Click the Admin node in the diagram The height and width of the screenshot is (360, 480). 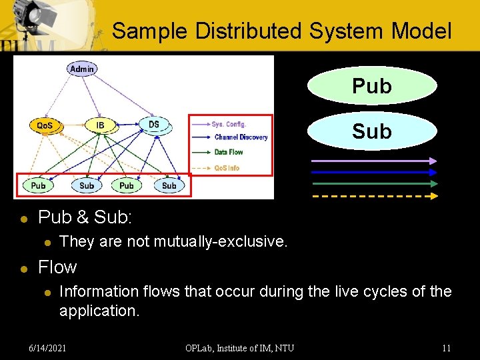tap(82, 69)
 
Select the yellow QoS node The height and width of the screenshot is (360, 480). tap(45, 125)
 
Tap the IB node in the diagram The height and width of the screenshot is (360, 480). tap(100, 125)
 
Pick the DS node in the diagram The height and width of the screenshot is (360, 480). tap(154, 124)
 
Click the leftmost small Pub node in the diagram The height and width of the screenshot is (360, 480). tap(39, 185)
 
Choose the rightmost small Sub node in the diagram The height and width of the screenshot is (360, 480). tap(169, 185)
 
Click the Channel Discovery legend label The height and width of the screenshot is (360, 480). tap(241, 137)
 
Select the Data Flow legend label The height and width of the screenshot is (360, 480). tap(229, 152)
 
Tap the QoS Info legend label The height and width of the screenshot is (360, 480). tap(227, 167)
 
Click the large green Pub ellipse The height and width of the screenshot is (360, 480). tap(371, 86)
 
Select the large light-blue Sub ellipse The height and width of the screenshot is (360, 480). tap(371, 131)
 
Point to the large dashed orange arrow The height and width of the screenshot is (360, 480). tap(375, 196)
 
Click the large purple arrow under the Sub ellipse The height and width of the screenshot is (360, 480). tap(375, 160)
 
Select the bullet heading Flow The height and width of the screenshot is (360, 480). tap(57, 267)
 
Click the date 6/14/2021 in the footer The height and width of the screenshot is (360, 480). tap(48, 347)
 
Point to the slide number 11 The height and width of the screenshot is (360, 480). tap(446, 347)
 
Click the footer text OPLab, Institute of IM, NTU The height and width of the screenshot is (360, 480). tap(240, 347)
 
